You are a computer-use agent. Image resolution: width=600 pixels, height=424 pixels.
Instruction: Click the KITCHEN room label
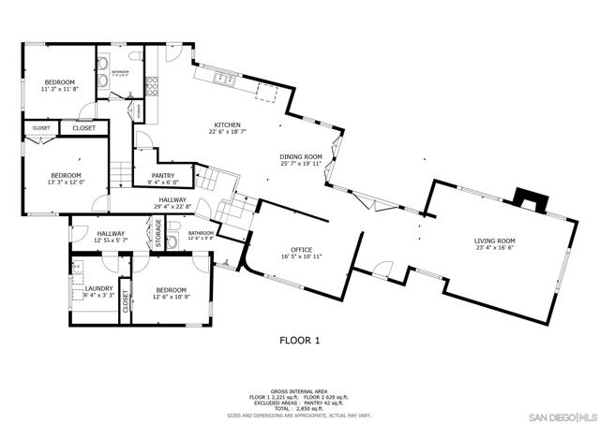[x=228, y=125]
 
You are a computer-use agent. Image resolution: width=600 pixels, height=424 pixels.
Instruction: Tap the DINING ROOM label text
[x=301, y=157]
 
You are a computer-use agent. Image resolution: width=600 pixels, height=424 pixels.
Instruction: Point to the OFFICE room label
[x=301, y=250]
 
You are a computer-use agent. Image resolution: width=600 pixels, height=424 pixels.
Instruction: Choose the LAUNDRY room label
[x=99, y=288]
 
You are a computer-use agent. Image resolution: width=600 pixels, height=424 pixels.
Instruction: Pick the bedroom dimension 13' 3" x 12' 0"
[x=66, y=183]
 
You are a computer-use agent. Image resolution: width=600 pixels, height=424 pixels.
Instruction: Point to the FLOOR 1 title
[x=300, y=342]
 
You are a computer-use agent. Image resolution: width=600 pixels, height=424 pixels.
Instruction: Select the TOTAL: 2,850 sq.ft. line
[x=299, y=407]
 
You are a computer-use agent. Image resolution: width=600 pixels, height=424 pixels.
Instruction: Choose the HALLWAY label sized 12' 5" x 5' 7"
[x=110, y=241]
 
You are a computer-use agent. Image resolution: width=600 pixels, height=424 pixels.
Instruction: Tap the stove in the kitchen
[x=150, y=85]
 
